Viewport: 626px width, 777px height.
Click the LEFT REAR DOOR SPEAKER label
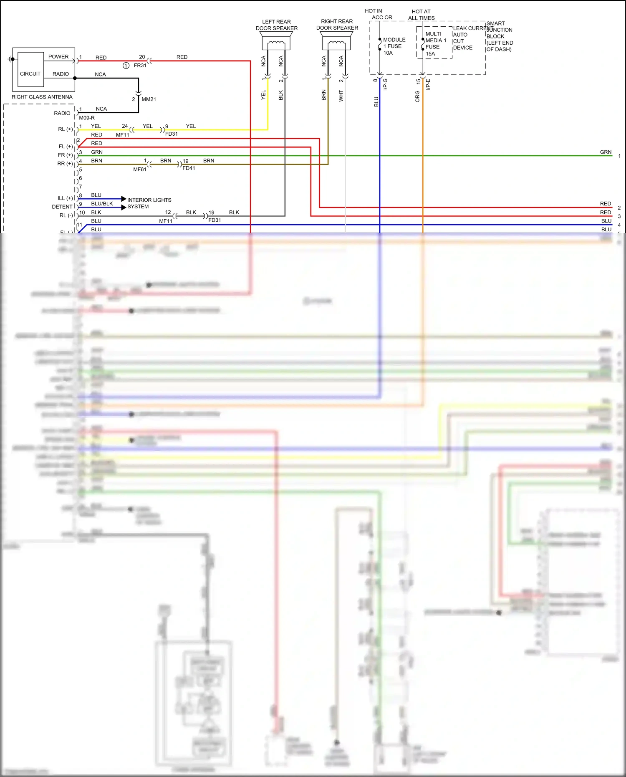pyautogui.click(x=276, y=25)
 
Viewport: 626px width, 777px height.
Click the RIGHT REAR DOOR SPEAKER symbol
pyautogui.click(x=336, y=42)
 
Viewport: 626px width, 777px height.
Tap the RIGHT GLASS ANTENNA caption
pyautogui.click(x=42, y=97)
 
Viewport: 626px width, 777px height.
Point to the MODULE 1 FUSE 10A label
pyautogui.click(x=394, y=46)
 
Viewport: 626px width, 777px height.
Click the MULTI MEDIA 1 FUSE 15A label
pyautogui.click(x=435, y=44)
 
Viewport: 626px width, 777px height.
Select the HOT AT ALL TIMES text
pyautogui.click(x=421, y=15)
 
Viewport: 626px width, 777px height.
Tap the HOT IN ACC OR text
pyautogui.click(x=378, y=14)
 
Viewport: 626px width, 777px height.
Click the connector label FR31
pyautogui.click(x=140, y=66)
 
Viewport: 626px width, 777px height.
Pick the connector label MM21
pyautogui.click(x=149, y=99)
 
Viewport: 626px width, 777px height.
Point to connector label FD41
pyautogui.click(x=189, y=168)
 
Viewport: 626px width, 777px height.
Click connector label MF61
pyautogui.click(x=139, y=170)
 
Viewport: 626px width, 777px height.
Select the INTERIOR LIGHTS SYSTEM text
pyautogui.click(x=149, y=203)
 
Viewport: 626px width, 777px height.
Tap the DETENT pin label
pyautogui.click(x=62, y=207)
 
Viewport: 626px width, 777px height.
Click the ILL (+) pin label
pyautogui.click(x=65, y=198)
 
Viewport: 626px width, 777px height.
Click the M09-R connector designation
pyautogui.click(x=87, y=118)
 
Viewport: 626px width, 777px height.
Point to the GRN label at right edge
pyautogui.click(x=606, y=152)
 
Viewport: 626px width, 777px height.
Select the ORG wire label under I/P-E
pyautogui.click(x=417, y=96)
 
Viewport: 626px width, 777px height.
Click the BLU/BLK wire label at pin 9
pyautogui.click(x=102, y=204)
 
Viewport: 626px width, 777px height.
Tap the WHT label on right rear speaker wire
pyautogui.click(x=341, y=96)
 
